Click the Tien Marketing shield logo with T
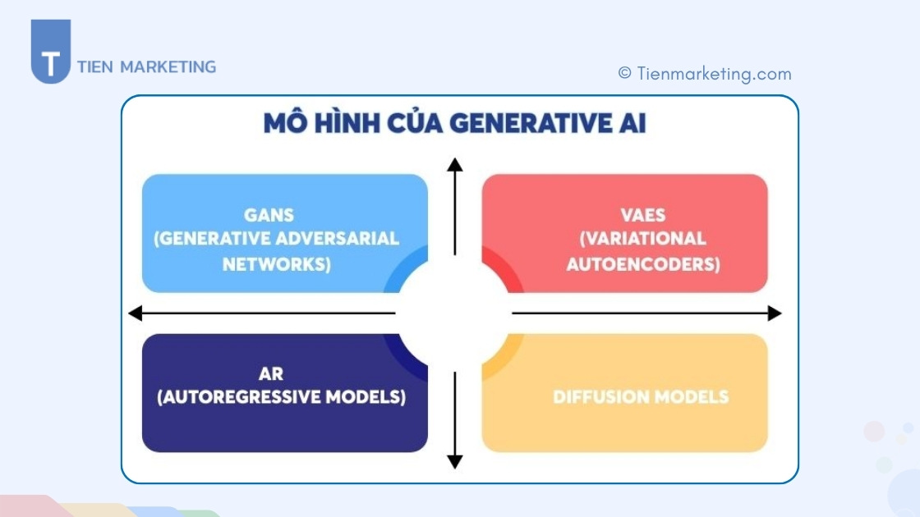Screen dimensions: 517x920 (50, 53)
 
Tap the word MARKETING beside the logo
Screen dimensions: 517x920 (168, 67)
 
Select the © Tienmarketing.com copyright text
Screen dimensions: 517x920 (705, 74)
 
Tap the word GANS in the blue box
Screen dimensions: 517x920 (269, 215)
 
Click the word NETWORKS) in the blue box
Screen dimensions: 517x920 (277, 264)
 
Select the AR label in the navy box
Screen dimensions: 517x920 (271, 374)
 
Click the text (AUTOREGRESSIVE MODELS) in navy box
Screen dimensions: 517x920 (282, 397)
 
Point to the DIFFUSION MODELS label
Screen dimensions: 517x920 (641, 397)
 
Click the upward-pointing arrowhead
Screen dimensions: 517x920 (454, 164)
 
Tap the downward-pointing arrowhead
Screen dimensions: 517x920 (454, 462)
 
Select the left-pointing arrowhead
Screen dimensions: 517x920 (136, 313)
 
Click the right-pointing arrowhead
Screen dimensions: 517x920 (774, 313)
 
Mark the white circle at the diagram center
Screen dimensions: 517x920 (454, 313)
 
